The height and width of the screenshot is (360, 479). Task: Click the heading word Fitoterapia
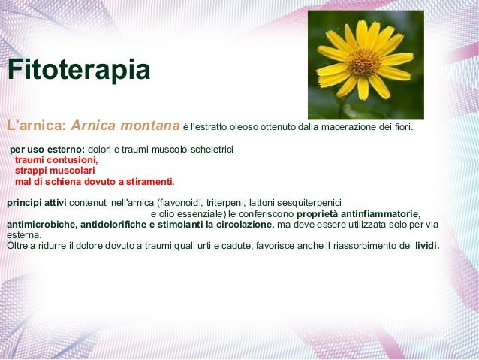point(78,71)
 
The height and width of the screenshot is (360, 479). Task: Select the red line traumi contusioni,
point(56,160)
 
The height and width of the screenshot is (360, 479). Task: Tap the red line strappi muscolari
point(53,171)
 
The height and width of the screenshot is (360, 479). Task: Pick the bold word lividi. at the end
point(427,245)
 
